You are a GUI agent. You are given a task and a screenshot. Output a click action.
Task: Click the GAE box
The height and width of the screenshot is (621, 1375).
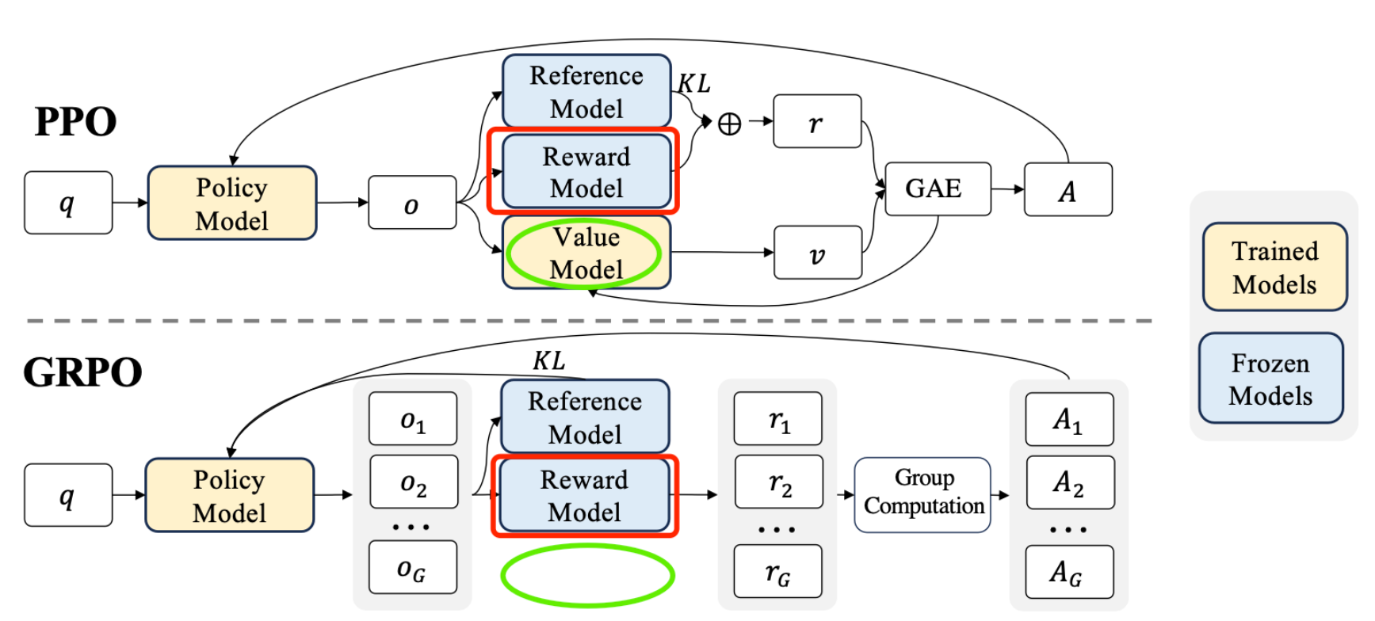[937, 189]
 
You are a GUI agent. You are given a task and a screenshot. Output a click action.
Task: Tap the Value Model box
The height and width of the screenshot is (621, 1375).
[586, 253]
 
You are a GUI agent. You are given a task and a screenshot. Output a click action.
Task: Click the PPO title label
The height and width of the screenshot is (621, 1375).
[75, 122]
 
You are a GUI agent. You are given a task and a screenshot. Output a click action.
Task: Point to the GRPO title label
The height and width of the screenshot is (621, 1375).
[82, 371]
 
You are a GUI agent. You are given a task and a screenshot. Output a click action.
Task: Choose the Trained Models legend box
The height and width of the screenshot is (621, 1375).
[1274, 267]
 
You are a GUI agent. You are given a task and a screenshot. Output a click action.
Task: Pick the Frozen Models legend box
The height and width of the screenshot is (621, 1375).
[1270, 379]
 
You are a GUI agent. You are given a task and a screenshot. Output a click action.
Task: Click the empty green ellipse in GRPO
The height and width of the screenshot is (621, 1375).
[587, 576]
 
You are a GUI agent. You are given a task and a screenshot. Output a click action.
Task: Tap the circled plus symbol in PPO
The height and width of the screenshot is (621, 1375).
[729, 124]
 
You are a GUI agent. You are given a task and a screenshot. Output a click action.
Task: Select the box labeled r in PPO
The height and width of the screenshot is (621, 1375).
[816, 121]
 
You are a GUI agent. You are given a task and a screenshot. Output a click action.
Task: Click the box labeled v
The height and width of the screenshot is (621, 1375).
[817, 253]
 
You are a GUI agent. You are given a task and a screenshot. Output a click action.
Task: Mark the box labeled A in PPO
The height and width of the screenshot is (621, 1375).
[1068, 189]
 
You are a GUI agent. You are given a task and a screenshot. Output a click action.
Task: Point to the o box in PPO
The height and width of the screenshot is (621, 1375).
[411, 203]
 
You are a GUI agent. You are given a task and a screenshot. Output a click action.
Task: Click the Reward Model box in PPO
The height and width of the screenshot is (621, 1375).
[586, 172]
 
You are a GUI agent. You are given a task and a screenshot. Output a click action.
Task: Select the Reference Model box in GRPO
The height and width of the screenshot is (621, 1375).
[585, 417]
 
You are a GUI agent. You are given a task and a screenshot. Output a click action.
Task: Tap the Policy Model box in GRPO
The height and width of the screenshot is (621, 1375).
[230, 495]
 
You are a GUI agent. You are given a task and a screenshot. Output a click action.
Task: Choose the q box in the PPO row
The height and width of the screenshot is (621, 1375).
[67, 203]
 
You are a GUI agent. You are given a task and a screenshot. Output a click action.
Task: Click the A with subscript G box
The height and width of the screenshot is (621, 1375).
[1069, 571]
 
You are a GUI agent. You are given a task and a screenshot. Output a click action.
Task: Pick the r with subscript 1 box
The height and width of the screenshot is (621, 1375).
[777, 418]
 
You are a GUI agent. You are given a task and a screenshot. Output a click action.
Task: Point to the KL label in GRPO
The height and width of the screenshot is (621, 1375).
[548, 361]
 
